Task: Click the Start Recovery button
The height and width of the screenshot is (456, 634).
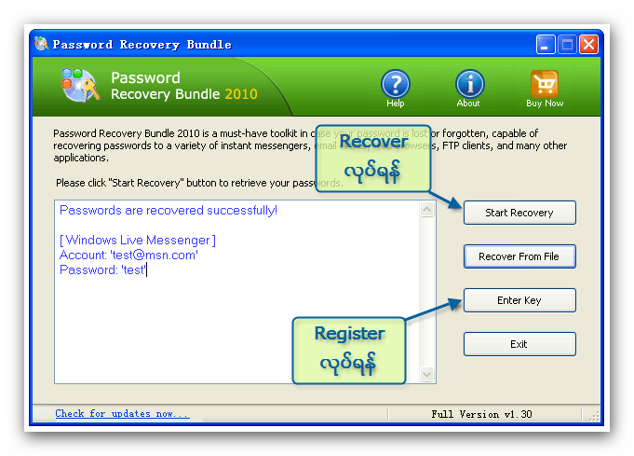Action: point(519,213)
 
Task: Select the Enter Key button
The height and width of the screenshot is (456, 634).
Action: point(519,300)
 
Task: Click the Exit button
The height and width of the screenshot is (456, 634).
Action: point(519,344)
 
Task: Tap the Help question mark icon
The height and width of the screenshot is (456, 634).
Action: point(396,84)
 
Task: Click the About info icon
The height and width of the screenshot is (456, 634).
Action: point(469,84)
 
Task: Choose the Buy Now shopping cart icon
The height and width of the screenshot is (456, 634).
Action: point(545,84)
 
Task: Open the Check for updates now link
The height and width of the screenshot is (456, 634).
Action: point(122,413)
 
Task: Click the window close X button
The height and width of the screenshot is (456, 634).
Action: point(588,45)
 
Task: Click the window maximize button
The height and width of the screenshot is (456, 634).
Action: point(567,45)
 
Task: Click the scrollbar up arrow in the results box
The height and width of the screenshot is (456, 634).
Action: point(428,210)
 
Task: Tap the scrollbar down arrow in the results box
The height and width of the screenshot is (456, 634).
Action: point(428,375)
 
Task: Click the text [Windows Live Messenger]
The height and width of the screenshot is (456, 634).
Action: point(137,241)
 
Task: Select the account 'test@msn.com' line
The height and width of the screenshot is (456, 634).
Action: point(128,255)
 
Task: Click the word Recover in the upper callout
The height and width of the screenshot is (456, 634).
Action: point(373,142)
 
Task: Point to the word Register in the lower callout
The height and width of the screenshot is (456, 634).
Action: point(349,333)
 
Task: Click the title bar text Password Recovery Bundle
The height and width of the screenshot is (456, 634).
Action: point(142,45)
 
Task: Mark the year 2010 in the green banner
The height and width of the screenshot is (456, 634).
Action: point(241,93)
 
